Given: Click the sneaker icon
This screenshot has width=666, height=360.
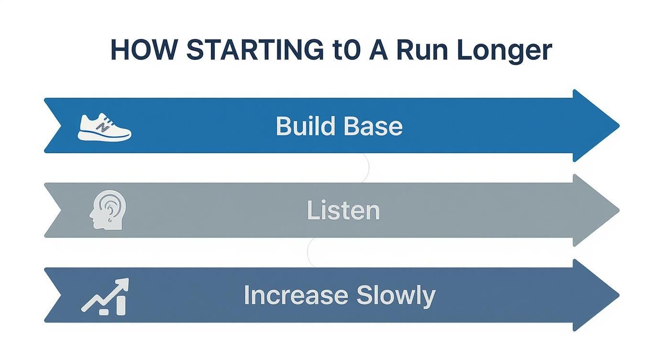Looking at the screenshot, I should click(104, 127).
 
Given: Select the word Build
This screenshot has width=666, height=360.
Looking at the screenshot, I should click(303, 126).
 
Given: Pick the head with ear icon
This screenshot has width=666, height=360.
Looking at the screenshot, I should click(108, 211).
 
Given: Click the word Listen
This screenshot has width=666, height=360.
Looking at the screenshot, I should click(343, 211).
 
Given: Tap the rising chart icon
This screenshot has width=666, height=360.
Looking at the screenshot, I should click(105, 297).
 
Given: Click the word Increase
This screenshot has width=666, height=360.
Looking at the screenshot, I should click(295, 295).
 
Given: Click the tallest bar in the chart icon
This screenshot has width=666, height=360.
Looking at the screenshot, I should click(121, 305).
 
